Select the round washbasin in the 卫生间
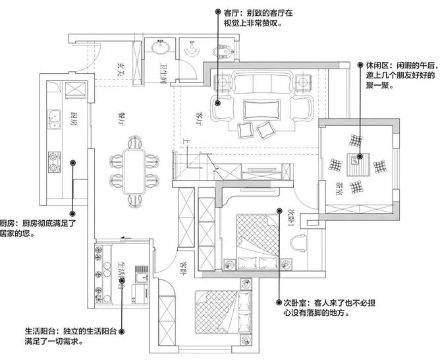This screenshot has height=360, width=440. [x=161, y=47]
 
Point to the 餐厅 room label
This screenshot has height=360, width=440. [x=121, y=117]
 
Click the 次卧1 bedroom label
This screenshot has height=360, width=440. [x=288, y=218]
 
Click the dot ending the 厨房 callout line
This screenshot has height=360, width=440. [x=73, y=214]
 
